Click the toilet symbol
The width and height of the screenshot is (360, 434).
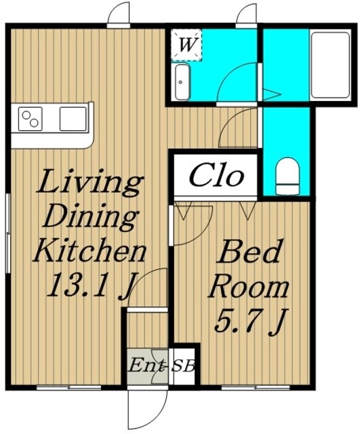pyautogui.click(x=287, y=176)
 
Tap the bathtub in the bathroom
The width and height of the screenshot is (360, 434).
pyautogui.click(x=330, y=65)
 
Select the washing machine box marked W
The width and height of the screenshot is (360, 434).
pyautogui.click(x=186, y=45)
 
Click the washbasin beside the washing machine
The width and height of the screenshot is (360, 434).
pyautogui.click(x=182, y=82)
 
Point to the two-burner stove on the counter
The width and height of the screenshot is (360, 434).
pyautogui.click(x=30, y=119)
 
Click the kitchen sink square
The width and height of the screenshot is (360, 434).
pyautogui.click(x=73, y=119)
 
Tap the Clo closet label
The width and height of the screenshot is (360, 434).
pyautogui.click(x=217, y=175)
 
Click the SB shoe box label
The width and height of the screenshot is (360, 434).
pyautogui.click(x=183, y=366)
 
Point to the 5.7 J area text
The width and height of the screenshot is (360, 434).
pyautogui.click(x=251, y=321)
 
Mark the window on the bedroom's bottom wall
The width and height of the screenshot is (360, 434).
pyautogui.click(x=256, y=388)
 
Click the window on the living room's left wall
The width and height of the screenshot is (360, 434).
pyautogui.click(x=7, y=233)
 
